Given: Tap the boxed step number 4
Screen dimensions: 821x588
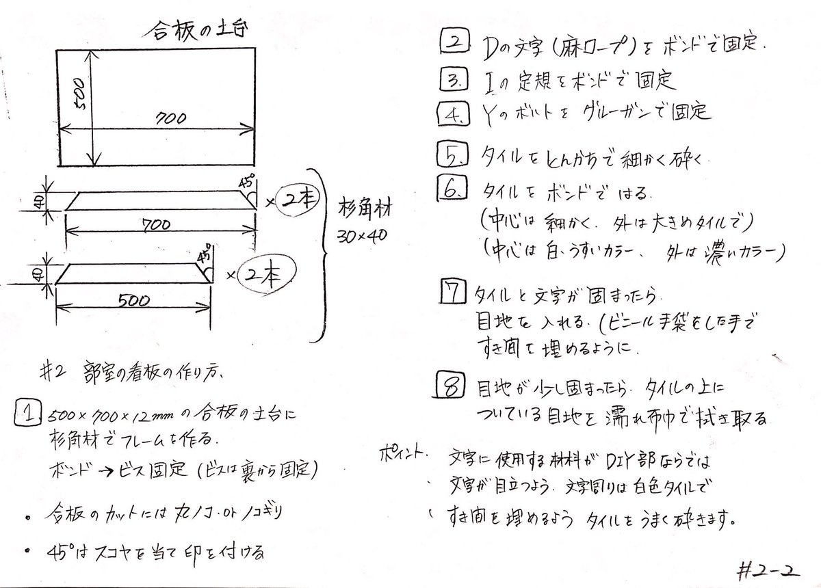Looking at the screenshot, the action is pos(452,113).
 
